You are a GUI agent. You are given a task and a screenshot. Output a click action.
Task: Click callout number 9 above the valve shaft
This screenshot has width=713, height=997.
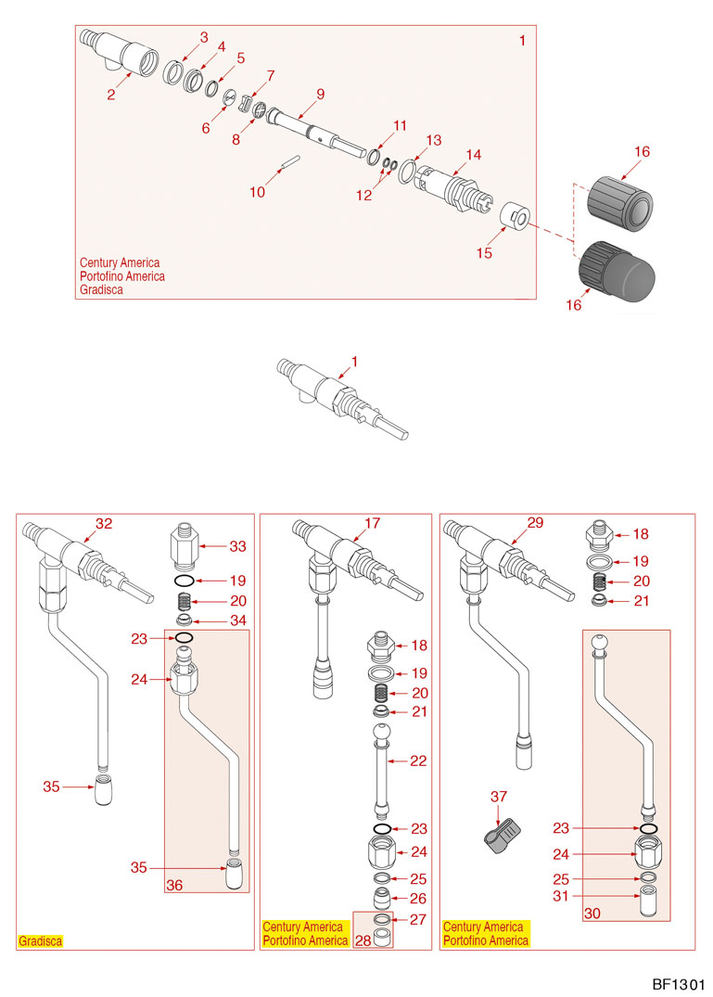point(320,94)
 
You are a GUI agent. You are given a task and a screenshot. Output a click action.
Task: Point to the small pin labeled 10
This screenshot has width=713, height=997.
point(288,161)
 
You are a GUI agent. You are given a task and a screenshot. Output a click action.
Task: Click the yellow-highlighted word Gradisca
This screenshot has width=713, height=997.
point(41,940)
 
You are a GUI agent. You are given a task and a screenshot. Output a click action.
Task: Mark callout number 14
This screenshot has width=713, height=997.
point(474,155)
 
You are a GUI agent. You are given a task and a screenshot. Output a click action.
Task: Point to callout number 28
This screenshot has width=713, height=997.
point(362,940)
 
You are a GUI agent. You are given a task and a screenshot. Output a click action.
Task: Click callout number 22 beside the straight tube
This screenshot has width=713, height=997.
point(418,761)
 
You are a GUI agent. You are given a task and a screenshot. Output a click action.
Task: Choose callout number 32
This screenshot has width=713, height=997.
point(104,523)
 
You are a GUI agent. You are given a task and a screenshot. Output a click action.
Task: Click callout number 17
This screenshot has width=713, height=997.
point(373,523)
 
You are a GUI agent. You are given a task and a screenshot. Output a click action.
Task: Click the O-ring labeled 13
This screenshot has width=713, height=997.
point(409,173)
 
